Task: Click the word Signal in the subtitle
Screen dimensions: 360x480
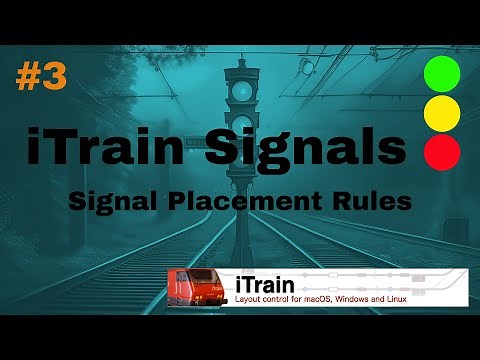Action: (x=111, y=200)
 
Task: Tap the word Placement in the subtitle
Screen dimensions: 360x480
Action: (x=246, y=200)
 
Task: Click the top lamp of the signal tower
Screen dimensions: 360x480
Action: (x=241, y=91)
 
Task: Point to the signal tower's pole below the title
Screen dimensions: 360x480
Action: (x=241, y=190)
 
